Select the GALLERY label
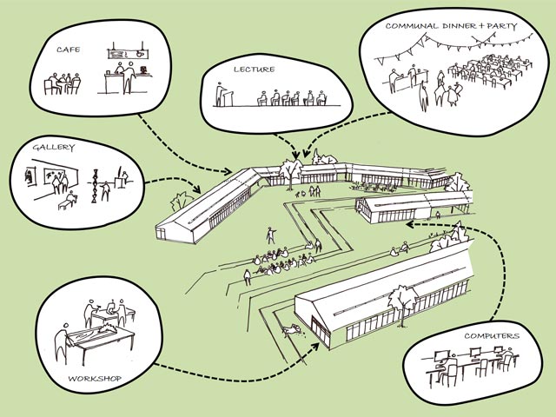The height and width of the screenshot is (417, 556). (51, 149)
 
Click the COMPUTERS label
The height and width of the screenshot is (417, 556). (490, 335)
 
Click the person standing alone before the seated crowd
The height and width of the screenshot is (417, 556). (269, 235)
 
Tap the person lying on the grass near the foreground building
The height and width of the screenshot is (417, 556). (291, 328)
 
